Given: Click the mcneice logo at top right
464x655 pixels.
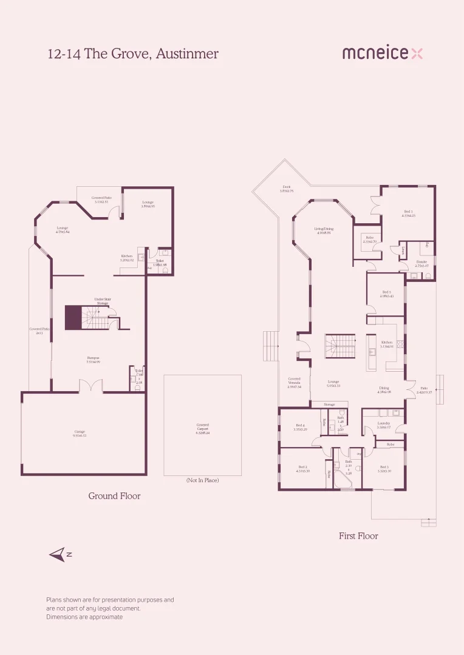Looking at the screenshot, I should coord(382,53).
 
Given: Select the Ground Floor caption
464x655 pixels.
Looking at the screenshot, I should coord(114,496).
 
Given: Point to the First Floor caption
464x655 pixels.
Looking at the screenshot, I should coord(358,536).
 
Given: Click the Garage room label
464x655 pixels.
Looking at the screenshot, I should coord(80,434).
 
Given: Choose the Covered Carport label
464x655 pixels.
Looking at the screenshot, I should coord(202,428).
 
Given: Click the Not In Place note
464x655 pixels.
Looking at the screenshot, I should coord(202,480).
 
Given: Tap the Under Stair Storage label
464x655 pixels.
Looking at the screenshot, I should coord(101,301).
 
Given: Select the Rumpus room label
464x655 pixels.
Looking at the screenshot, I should coord(93,360).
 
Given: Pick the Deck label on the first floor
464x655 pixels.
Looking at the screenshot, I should coord(287,189).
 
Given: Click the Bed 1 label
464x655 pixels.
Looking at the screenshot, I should coord(408,213).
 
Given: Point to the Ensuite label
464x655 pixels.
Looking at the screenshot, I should coord(422,264).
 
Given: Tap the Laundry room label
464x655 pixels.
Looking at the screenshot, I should coord(383,425).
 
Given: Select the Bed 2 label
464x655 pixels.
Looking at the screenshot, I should coord(303,469).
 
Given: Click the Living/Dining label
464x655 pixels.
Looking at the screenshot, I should coord(324,230).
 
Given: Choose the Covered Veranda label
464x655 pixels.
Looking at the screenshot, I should coord(294,383).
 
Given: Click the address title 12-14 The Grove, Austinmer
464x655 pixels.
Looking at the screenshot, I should coord(133,54).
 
